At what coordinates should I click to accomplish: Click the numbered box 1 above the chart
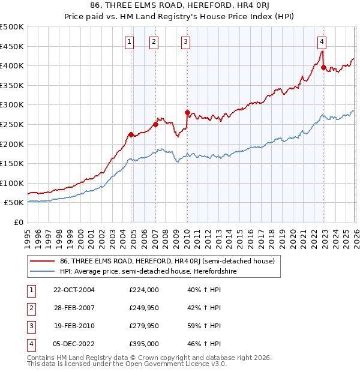pyautogui.click(x=130, y=41)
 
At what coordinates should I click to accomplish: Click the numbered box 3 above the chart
pyautogui.click(x=185, y=41)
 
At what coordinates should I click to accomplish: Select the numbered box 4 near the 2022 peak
pyautogui.click(x=322, y=41)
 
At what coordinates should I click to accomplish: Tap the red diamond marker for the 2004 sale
pyautogui.click(x=131, y=134)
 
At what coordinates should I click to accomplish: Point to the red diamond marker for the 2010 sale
pyautogui.click(x=187, y=112)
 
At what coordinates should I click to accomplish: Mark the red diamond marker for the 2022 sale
pyautogui.click(x=323, y=68)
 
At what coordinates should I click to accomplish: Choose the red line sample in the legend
pyautogui.click(x=41, y=261)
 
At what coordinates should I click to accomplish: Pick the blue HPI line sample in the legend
pyautogui.click(x=41, y=271)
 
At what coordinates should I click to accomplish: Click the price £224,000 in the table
pyautogui.click(x=143, y=289)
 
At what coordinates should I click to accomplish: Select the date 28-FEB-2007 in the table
pyautogui.click(x=73, y=307)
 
